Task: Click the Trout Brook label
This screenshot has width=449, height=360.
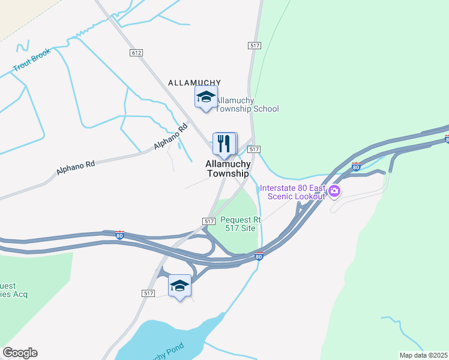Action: point(32,61)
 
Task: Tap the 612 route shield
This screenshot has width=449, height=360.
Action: point(136,53)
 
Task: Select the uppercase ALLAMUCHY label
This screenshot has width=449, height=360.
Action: point(194,83)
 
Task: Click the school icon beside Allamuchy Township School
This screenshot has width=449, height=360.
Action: point(205,97)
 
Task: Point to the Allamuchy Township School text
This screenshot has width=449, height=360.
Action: point(247,104)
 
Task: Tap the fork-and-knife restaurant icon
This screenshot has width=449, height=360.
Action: point(224,143)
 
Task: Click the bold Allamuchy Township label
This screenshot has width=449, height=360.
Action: point(228,169)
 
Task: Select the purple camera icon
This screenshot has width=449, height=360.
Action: point(334,192)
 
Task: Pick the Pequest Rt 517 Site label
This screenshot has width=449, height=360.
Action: point(238,224)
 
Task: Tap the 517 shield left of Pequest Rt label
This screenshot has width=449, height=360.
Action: point(209,221)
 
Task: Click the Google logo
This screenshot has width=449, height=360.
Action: point(20,353)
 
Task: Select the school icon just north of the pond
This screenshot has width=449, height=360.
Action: point(179,286)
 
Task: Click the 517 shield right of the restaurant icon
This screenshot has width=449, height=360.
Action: point(254,149)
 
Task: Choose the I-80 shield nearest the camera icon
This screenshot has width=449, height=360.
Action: point(357,167)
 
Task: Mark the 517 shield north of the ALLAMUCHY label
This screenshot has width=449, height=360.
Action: point(254,46)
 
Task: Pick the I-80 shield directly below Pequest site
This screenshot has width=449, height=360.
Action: point(259,257)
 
